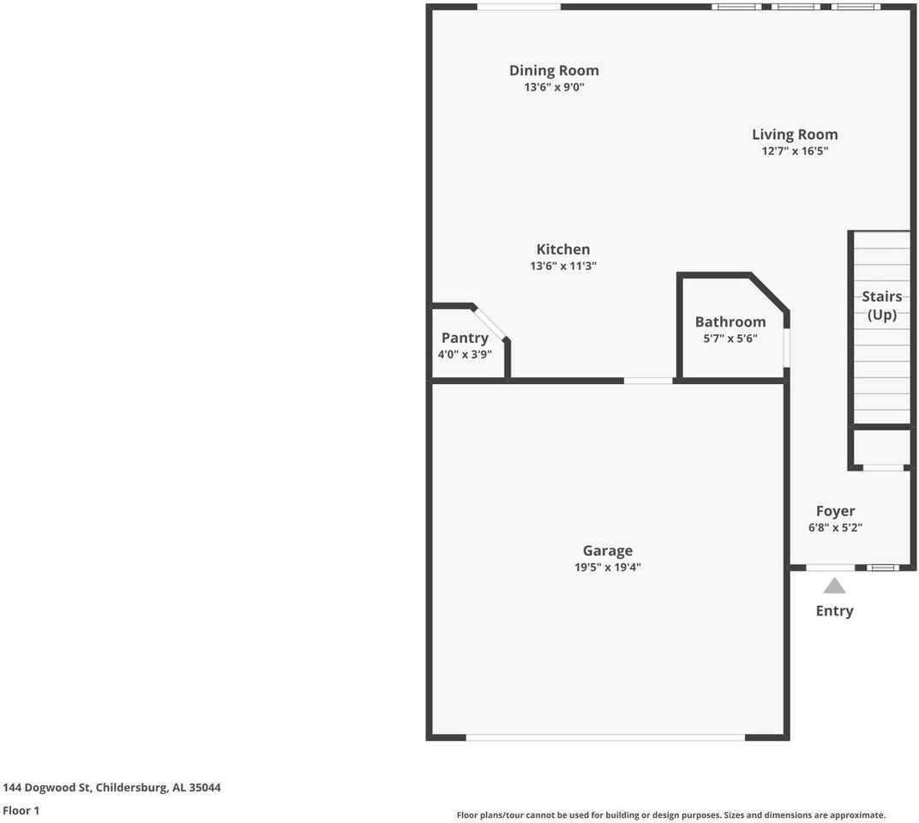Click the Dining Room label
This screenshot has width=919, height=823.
[554, 70]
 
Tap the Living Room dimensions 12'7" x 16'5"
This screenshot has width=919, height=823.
[795, 151]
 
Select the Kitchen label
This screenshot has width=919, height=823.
[563, 249]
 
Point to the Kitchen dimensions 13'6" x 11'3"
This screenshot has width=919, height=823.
[563, 266]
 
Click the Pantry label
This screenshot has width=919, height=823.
[465, 338]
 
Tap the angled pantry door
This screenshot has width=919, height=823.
[490, 322]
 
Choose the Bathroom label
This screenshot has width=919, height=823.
[730, 321]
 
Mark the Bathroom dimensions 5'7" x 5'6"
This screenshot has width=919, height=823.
[730, 338]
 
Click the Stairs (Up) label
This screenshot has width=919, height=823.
[881, 305]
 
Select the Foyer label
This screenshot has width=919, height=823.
[835, 511]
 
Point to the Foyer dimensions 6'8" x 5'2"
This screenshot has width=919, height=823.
[835, 528]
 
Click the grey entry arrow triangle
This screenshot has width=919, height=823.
[834, 586]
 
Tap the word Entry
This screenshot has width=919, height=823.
[834, 610]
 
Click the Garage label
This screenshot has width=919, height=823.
[608, 550]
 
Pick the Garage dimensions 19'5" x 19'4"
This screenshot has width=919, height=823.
[608, 567]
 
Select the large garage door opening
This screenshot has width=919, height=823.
[605, 737]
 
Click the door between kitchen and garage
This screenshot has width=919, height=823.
[648, 381]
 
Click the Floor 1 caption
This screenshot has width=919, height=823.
[21, 810]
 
